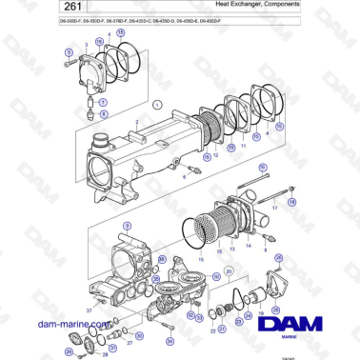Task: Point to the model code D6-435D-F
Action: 209,21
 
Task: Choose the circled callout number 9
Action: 125,225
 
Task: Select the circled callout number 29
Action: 70,350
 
